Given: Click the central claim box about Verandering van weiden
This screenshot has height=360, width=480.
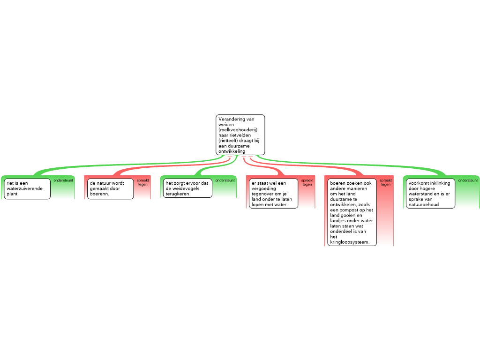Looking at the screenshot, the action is tap(240, 135).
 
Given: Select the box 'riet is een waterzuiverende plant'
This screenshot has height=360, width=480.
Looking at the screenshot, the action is tap(27, 189).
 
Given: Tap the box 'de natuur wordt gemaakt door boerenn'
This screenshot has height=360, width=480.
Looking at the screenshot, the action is tap(111, 189).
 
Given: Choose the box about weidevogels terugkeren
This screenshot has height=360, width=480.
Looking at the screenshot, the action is tap(187, 188).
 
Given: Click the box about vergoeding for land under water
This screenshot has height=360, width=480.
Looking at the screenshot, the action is tap(273, 194).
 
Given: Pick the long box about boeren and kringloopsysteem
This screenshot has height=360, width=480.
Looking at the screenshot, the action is tap(352, 212).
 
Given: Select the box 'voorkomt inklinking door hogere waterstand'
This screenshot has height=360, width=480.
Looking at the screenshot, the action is tap(430, 194).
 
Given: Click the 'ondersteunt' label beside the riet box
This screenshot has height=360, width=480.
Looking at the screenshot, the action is tap(63, 180).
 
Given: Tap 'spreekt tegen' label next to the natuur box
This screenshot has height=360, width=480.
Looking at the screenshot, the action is tap(143, 182).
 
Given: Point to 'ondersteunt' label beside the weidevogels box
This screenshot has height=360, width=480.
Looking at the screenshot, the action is tap(225, 180).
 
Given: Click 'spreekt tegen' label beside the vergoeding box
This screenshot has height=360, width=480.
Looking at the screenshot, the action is tap(307, 182).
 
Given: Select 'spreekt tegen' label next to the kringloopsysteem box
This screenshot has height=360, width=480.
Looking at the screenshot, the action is tap(386, 182).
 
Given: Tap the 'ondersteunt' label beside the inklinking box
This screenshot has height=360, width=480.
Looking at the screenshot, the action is tap(468, 180).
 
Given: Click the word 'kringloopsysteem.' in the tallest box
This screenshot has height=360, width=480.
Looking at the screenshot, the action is tap(350, 242).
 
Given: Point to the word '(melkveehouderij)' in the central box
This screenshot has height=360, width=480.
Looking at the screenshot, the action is tap(238, 130).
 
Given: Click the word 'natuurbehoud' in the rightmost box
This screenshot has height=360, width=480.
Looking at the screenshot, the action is tap(424, 204).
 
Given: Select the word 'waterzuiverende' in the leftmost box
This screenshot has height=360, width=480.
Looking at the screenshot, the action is tap(24, 188).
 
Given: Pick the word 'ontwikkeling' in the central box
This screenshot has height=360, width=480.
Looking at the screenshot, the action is tap(232, 151).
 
